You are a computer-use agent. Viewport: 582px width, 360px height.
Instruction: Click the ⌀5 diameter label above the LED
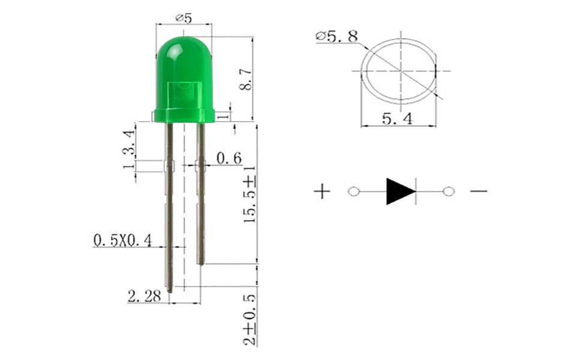(x=184, y=18)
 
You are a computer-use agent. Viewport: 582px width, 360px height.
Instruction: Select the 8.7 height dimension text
(x=245, y=79)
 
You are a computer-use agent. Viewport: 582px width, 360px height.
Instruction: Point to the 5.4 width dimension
(x=397, y=119)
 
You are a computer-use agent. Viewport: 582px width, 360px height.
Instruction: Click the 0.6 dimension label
(x=229, y=158)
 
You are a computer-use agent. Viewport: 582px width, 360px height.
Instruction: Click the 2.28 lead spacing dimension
(x=144, y=296)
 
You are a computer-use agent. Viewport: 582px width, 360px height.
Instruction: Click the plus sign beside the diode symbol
(x=322, y=191)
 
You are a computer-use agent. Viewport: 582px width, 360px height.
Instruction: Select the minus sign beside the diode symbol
(x=478, y=191)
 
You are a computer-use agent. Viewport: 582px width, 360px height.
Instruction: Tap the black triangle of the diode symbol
(x=399, y=191)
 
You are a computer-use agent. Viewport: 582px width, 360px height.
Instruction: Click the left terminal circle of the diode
(x=354, y=191)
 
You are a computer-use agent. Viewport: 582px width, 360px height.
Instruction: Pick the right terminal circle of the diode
(x=448, y=191)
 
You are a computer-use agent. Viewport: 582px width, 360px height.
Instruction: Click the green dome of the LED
(x=184, y=60)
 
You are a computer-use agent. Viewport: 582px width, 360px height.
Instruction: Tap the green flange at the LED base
(x=184, y=115)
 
